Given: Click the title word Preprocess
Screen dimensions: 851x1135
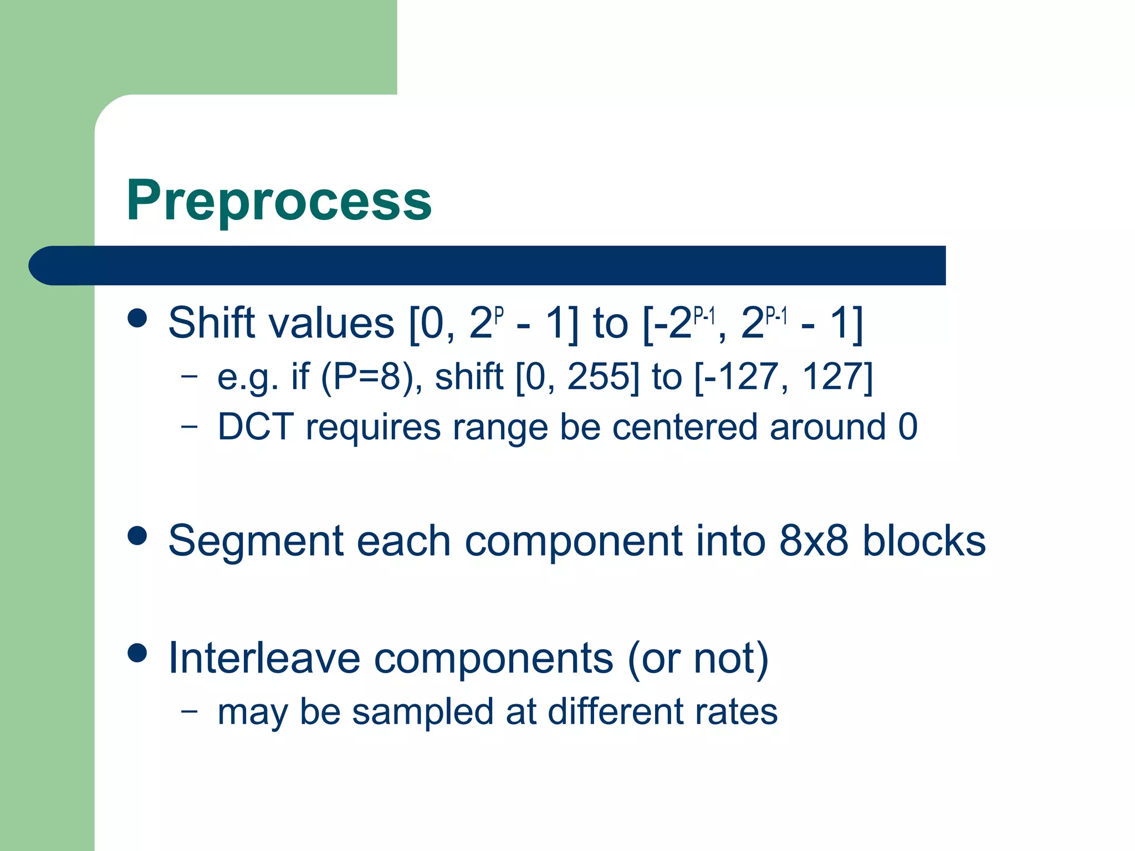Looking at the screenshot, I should [x=279, y=201].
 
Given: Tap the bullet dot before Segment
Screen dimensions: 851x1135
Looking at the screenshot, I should [x=137, y=536].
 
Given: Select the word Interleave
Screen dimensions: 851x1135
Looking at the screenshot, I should [x=264, y=658].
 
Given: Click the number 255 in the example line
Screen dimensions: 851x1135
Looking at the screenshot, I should [x=603, y=377].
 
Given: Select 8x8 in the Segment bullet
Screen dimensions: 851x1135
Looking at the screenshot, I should [x=813, y=541].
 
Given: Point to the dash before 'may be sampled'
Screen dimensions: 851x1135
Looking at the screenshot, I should [x=189, y=710].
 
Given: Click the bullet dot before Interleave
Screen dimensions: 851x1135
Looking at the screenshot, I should [x=137, y=653].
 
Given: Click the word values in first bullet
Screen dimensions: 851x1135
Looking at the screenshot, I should [x=331, y=323].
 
